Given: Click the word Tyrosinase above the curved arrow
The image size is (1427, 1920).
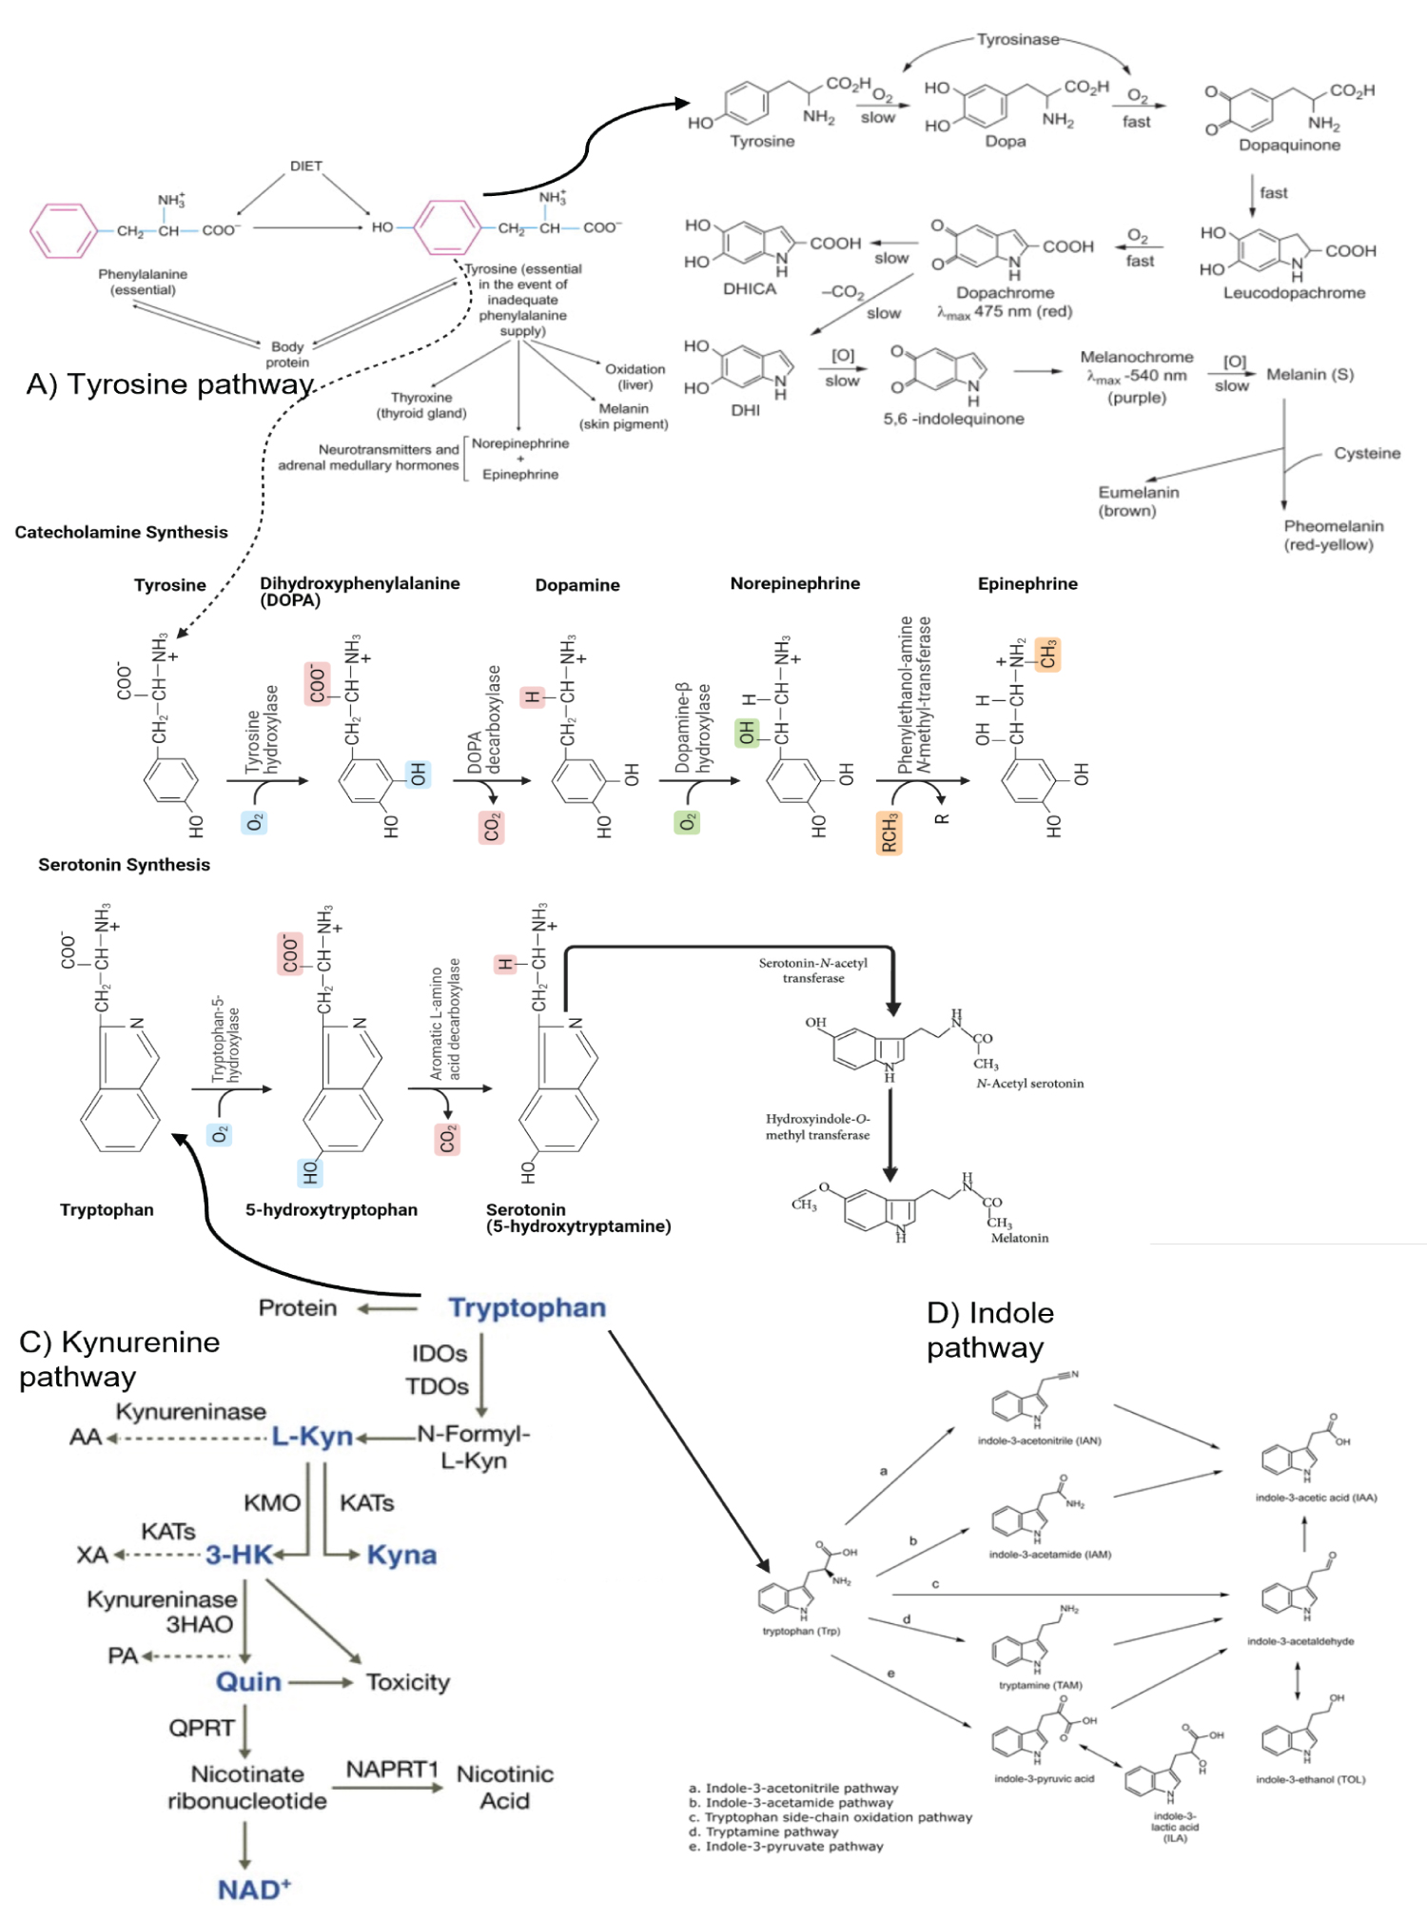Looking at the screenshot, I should (1017, 39).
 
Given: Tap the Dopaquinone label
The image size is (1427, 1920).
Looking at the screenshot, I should (1289, 145).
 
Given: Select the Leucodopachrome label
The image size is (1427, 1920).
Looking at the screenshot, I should (1294, 293).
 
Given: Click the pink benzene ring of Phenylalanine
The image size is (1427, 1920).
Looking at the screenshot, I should (64, 230).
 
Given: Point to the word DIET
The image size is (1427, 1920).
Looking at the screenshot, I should (305, 166).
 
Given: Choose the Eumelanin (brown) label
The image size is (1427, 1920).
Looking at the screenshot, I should (1138, 501).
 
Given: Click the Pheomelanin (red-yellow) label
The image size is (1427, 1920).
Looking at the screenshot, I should (1333, 535).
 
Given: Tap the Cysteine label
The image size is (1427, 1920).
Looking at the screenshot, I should (1366, 453).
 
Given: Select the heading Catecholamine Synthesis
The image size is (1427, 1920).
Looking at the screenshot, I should (121, 532).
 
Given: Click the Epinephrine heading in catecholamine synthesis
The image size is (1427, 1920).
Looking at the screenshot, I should (1027, 583).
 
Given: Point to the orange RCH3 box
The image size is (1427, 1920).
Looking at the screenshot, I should (889, 833).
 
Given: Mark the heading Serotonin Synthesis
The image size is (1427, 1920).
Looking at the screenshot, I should (124, 864).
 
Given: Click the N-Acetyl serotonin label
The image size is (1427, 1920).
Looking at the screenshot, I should (1029, 1083).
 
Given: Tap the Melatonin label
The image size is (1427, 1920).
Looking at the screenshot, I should (1019, 1238).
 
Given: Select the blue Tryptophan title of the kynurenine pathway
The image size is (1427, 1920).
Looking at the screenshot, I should (527, 1307).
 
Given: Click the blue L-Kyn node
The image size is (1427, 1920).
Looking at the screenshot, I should (312, 1436).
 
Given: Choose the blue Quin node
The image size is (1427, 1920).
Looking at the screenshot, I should (248, 1681).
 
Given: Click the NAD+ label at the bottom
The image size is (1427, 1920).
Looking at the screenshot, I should (254, 1890).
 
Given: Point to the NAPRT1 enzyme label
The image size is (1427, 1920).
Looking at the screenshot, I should (391, 1769).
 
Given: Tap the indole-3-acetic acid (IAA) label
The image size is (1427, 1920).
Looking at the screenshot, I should (1316, 1498).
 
